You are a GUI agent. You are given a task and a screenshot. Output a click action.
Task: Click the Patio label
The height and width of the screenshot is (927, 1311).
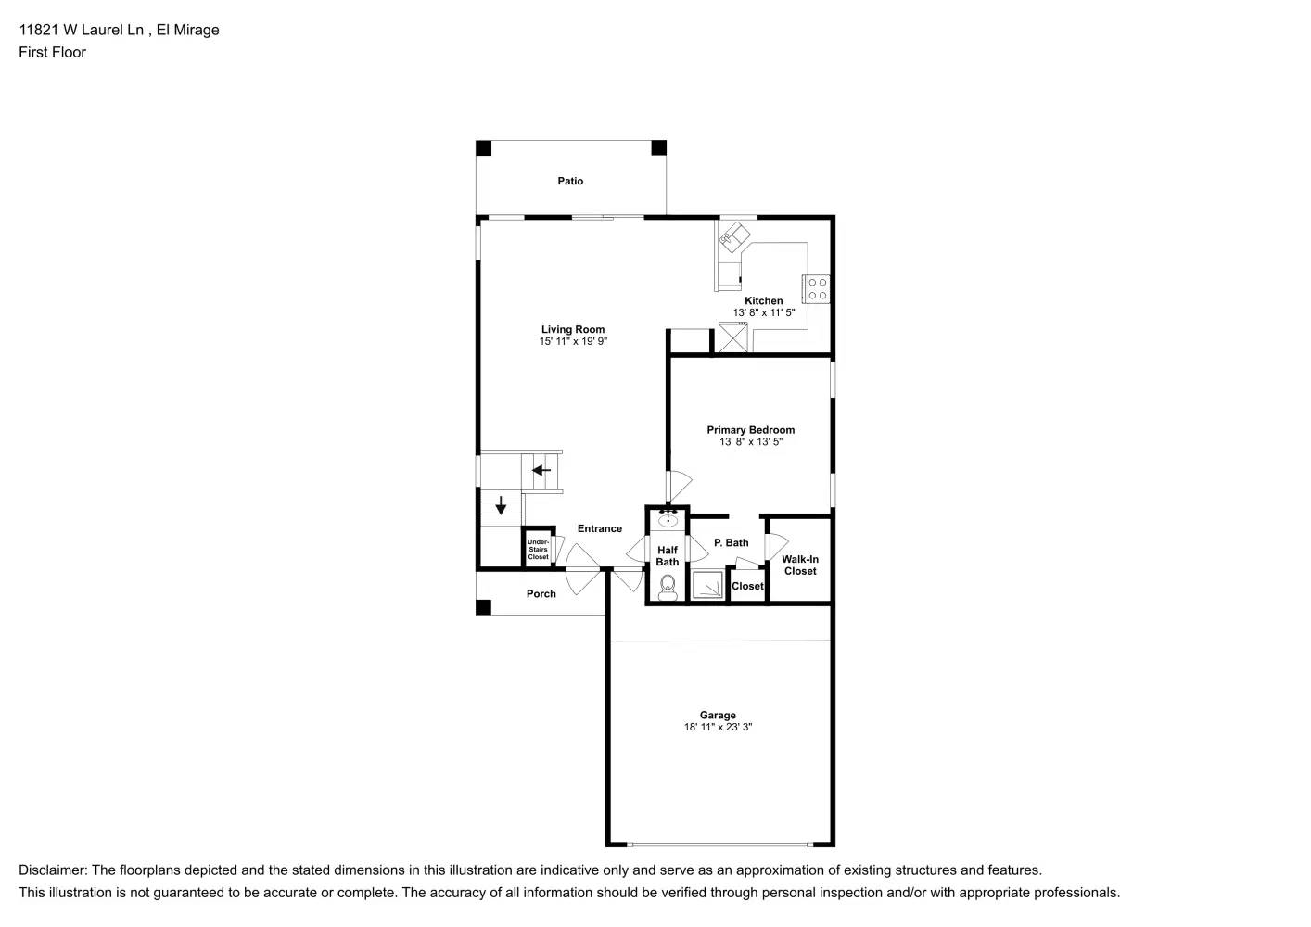(570, 182)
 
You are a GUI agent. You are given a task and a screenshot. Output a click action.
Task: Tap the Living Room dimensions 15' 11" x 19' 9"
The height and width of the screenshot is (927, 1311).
(573, 342)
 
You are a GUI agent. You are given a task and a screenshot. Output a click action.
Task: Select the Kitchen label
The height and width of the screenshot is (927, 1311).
(764, 301)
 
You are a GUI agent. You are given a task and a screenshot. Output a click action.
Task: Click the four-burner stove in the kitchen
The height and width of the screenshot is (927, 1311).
(817, 288)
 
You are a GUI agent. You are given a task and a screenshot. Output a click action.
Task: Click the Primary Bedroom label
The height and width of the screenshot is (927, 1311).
(750, 430)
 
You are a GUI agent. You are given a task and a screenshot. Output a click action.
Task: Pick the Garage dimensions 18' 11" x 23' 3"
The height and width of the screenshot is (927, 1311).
(718, 728)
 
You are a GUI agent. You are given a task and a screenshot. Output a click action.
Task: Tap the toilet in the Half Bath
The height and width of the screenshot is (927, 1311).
(668, 586)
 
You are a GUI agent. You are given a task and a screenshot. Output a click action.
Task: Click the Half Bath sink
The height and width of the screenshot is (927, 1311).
(668, 520)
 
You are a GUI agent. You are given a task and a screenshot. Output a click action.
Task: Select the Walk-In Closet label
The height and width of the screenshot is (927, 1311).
(800, 565)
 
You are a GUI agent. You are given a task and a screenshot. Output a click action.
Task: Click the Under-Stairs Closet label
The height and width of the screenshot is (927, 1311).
(538, 550)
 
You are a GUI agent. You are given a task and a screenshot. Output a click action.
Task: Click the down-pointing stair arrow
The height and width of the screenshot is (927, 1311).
(501, 505)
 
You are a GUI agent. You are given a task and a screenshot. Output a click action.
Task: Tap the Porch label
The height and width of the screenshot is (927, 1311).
(541, 594)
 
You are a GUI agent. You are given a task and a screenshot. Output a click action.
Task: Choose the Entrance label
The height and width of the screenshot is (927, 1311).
(600, 529)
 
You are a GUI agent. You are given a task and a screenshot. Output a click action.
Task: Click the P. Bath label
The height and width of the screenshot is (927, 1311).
(731, 543)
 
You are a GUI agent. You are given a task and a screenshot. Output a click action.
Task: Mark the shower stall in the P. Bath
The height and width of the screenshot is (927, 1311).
(708, 586)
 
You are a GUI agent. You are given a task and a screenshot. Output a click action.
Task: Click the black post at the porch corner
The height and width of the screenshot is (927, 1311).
(483, 607)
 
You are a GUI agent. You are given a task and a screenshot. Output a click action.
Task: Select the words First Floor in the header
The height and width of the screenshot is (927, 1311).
(52, 53)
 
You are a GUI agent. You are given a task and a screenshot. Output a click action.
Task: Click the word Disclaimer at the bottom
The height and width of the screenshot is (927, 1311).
(52, 870)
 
